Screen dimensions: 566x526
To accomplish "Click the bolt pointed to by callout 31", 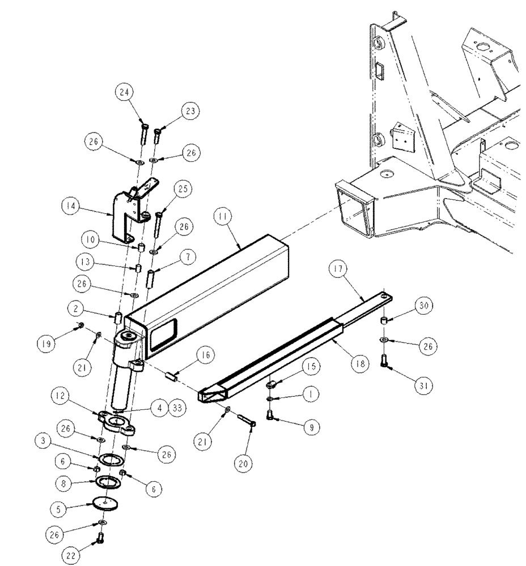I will point(387,360).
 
